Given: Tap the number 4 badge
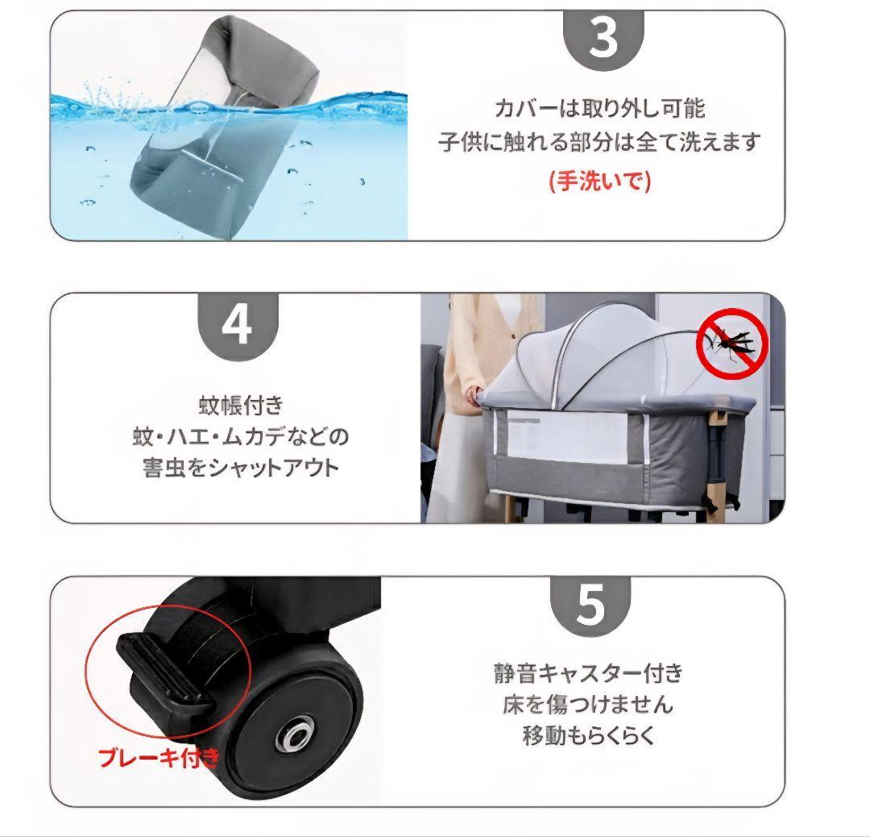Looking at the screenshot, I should (237, 324).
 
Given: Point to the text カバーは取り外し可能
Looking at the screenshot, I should (599, 108).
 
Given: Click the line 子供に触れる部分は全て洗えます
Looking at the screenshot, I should (599, 144).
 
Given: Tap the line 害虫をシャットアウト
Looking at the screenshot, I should (241, 468).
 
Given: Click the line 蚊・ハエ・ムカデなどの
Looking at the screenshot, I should (241, 436).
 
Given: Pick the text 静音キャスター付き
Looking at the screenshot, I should (588, 673).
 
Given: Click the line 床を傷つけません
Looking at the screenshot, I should (588, 705).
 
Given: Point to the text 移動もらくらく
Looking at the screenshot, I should (588, 737).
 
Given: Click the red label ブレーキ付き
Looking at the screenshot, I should (158, 757).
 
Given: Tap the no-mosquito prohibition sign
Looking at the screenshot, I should (731, 344).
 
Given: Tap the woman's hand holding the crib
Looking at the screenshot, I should (473, 394).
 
